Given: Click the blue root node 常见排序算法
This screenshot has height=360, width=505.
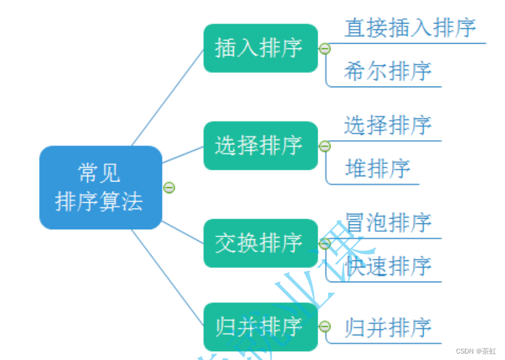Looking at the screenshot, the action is click(x=100, y=187).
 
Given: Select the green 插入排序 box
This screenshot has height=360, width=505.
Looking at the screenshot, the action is click(x=260, y=48).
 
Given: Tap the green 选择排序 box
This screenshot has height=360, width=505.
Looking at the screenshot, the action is click(x=260, y=146).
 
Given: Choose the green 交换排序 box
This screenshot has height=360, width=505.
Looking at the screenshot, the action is click(x=260, y=243).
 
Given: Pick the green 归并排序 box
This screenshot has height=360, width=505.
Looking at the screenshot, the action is click(x=260, y=327).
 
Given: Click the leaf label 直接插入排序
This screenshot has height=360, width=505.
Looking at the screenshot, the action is click(x=410, y=28).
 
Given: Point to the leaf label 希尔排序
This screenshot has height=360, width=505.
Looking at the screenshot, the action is click(x=388, y=71).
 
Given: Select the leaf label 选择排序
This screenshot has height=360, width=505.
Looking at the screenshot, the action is click(x=388, y=125).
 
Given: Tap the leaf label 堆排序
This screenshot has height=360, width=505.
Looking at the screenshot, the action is click(x=378, y=169).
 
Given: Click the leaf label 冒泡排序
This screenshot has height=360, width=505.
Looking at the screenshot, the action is click(x=388, y=223).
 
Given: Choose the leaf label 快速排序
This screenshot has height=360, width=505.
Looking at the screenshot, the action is click(x=388, y=266).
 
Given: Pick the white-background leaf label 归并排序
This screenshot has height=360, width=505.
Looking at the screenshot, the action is click(x=388, y=328).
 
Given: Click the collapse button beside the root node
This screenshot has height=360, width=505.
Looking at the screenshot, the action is click(x=169, y=188).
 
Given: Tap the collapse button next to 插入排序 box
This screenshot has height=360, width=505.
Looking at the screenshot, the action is click(x=325, y=49).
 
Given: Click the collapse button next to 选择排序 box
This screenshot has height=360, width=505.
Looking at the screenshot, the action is click(x=325, y=146).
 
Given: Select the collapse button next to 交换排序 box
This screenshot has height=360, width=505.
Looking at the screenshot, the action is click(x=325, y=243).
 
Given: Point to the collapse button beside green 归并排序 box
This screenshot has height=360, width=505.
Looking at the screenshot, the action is click(x=325, y=327).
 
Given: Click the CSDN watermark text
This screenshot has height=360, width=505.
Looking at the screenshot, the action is click(x=476, y=351).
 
